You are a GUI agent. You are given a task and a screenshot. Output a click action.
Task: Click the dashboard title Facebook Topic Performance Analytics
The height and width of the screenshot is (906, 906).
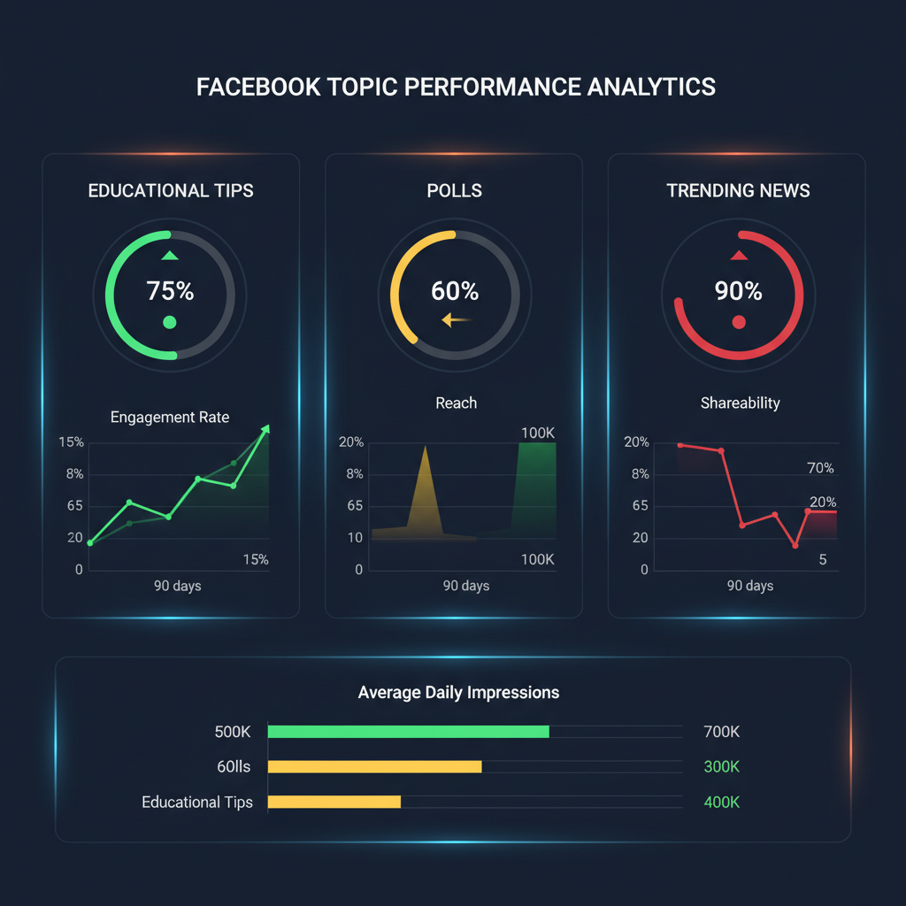coord(456,88)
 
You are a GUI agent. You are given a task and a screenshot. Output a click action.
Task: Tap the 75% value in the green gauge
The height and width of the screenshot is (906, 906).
coord(170,291)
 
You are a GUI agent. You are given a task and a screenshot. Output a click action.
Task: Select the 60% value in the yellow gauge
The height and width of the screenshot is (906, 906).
coord(455,291)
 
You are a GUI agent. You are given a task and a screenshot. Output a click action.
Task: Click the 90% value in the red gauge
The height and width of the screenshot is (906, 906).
coord(738,291)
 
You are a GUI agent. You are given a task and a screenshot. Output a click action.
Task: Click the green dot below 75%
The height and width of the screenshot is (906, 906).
coord(170,322)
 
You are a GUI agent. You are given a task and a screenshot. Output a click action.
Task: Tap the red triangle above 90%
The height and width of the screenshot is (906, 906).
coord(739,256)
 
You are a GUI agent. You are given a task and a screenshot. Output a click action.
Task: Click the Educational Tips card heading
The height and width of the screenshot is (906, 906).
coord(171,190)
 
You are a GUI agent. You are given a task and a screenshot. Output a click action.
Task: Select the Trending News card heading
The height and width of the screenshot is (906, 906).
coord(738,190)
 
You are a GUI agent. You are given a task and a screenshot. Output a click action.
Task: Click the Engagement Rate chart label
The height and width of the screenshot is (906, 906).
coord(170,417)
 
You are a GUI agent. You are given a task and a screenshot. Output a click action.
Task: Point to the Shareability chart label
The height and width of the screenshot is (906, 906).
coord(740,403)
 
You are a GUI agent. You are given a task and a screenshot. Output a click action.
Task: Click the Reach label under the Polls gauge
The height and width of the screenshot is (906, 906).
coord(456,403)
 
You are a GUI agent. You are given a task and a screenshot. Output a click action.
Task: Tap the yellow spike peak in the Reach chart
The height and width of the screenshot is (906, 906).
coord(426,447)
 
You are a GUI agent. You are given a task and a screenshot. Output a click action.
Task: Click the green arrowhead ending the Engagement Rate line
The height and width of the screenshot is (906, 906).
coord(265,429)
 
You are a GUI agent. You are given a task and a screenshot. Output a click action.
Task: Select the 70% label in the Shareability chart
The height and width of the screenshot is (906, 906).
coord(820,468)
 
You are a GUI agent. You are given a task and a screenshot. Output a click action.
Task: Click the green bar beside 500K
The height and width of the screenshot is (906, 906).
coord(408,732)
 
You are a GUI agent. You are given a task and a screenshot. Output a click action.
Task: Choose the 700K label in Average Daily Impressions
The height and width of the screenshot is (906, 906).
coord(721,732)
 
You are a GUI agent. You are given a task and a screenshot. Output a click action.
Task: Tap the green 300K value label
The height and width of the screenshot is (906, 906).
coord(721,766)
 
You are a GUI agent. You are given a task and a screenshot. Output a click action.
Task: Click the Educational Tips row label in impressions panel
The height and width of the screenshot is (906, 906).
coord(197,802)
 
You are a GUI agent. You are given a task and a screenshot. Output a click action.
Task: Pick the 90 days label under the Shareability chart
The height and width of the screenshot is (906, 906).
coord(750,586)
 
